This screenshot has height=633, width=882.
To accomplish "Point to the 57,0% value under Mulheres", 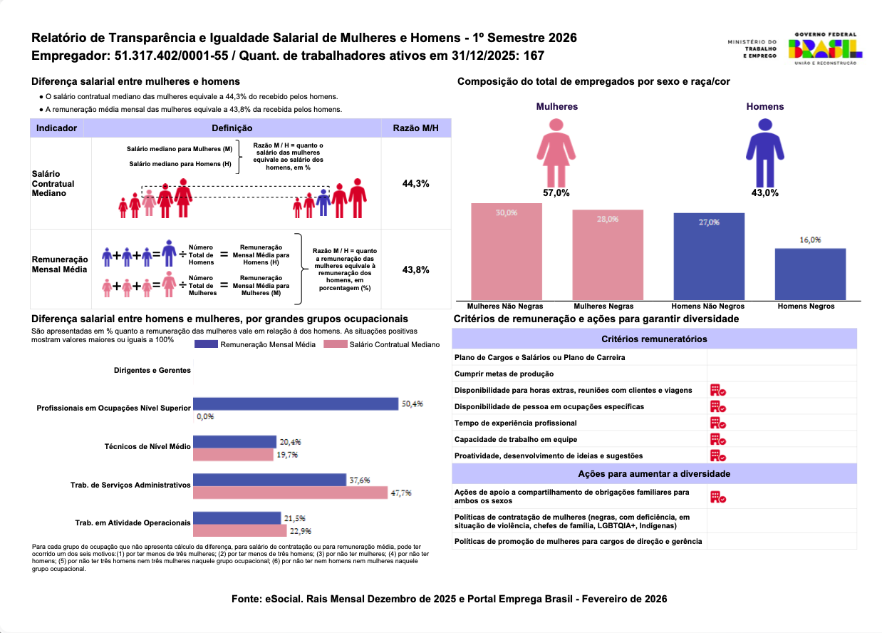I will pos(556,192).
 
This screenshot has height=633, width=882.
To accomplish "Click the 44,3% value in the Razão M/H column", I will pos(416,183).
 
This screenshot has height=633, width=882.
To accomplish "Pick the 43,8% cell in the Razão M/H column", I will pos(416,269).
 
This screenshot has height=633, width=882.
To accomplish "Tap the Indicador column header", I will pos(58,128).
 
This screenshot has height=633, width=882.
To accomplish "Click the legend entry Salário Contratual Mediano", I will pos(383,344).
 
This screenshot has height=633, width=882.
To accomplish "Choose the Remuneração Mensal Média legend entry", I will pos(255,344).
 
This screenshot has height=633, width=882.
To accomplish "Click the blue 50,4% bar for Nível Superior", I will pos(296,403).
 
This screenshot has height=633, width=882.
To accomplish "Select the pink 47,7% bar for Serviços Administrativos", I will pos(290,493).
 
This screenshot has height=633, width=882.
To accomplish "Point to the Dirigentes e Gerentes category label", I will pos(152,371).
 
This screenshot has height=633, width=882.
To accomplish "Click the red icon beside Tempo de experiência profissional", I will pos(717,423).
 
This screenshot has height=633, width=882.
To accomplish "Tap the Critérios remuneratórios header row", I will pos(654,339).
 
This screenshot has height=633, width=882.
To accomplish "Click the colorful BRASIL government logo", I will pos(825,48).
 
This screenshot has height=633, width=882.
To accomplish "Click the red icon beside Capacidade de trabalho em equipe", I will pos(717,439).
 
